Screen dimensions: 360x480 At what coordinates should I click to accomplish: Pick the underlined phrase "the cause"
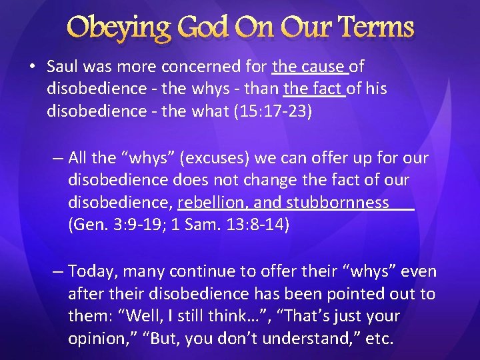309,67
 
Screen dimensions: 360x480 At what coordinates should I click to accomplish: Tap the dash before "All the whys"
58,159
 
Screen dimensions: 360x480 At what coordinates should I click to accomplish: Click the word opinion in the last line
93,338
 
